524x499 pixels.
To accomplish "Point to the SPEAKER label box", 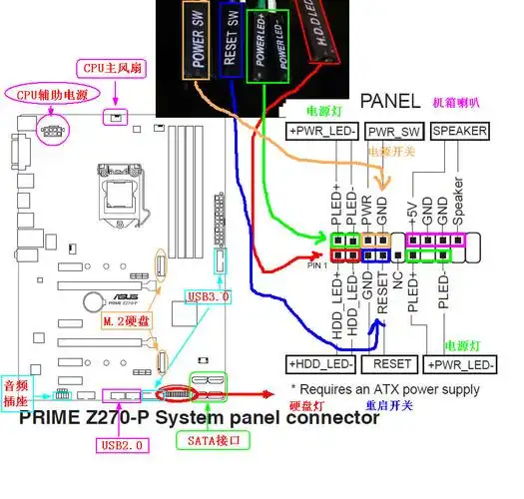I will click(459, 132).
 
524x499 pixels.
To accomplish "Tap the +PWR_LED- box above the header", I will click(321, 132).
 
